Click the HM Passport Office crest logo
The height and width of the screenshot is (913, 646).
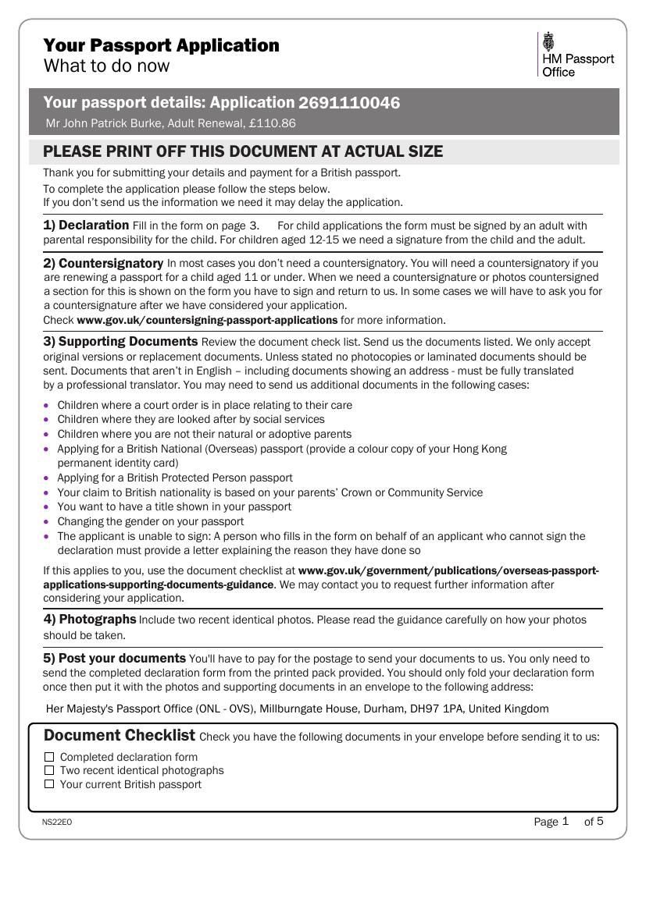click(548, 41)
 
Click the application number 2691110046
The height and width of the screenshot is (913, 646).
click(349, 103)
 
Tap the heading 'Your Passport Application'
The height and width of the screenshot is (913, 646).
click(161, 45)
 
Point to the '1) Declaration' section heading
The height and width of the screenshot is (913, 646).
click(86, 225)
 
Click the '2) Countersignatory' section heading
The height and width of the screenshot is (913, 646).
click(103, 263)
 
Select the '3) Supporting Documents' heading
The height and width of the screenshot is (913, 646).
click(120, 342)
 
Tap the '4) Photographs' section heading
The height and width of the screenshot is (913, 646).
click(90, 619)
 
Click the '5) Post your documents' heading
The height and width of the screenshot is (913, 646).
click(114, 658)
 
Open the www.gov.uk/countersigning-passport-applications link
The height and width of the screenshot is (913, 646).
click(207, 320)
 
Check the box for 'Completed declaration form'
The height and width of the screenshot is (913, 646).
click(49, 757)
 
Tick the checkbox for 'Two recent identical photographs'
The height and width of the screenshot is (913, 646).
click(49, 770)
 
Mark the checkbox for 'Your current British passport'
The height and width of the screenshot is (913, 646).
click(49, 784)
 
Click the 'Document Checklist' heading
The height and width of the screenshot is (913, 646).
click(120, 735)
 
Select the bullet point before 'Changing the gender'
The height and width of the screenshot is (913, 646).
click(47, 521)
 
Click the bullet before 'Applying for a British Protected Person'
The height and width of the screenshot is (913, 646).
click(47, 478)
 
